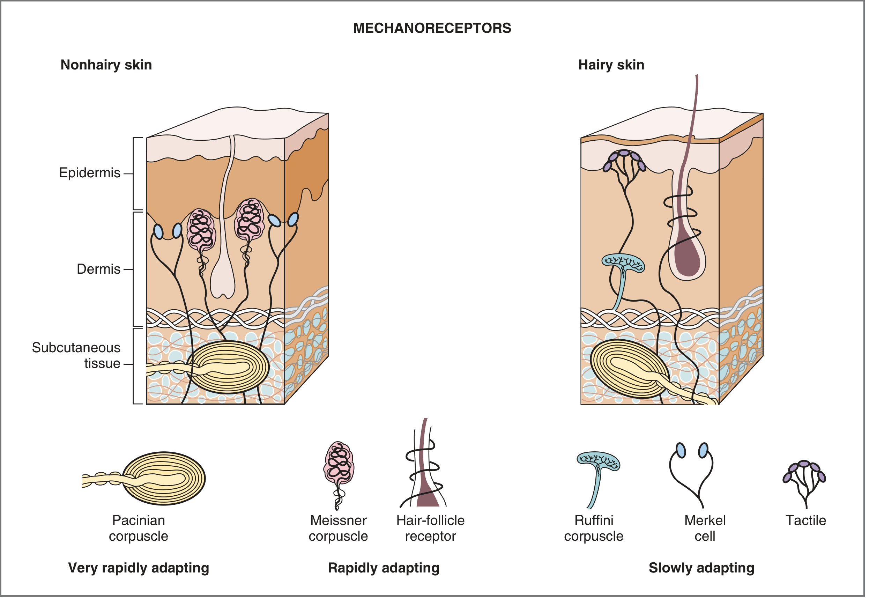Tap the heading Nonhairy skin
106,65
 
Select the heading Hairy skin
611,65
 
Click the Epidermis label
90,173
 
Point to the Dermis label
98,269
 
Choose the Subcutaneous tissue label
76,356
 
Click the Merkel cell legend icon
691,473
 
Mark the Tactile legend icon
804,480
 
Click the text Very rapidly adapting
139,568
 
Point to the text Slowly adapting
701,568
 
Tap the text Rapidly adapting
384,568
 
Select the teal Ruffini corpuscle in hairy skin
623,263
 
